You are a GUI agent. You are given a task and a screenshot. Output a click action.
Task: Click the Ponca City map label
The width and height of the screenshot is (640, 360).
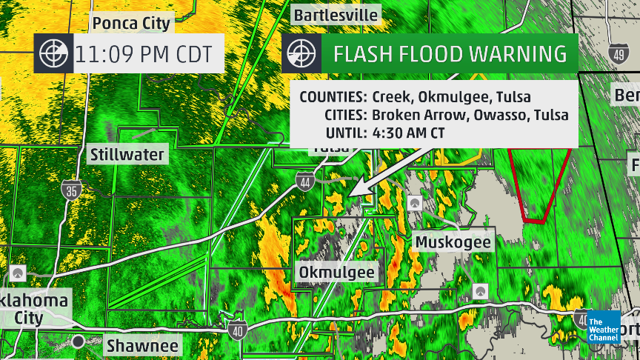[131, 22]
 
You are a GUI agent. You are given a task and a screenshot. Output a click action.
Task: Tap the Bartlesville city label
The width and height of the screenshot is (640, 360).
[336, 15]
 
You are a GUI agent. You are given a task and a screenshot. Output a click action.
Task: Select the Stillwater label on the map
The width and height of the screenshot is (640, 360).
[127, 155]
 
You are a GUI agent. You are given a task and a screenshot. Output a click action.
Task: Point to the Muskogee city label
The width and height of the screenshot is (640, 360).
[453, 242]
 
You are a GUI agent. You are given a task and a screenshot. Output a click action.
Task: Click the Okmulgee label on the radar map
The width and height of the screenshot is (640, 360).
[337, 273]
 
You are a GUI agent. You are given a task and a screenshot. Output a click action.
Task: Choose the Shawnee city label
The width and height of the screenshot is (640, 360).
[142, 345]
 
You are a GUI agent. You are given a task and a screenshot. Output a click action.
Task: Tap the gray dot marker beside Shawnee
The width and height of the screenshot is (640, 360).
[78, 341]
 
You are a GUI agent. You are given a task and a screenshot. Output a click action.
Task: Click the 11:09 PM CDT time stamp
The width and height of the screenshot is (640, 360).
[144, 54]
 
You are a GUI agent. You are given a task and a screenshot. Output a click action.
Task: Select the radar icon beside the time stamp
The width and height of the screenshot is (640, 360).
[53, 54]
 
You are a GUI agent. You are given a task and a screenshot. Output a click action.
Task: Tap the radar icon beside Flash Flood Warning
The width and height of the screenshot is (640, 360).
[301, 54]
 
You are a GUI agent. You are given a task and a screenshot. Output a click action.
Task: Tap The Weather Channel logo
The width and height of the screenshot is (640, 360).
[603, 329]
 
